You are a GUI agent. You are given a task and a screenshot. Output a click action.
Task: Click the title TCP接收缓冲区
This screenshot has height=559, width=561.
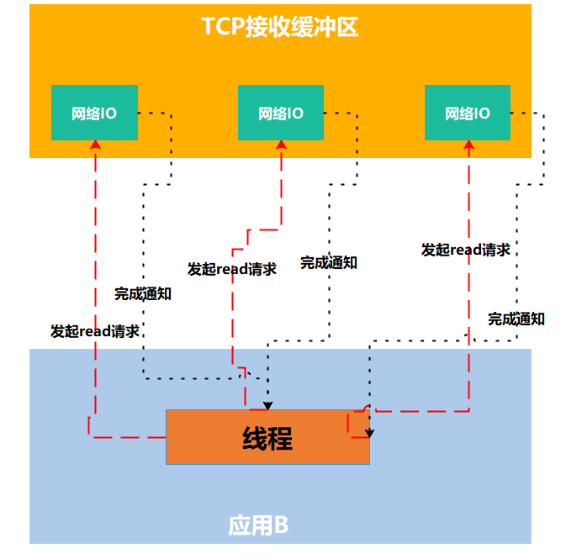[x=280, y=27]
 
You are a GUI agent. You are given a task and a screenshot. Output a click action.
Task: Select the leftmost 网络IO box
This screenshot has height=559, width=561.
[x=94, y=113]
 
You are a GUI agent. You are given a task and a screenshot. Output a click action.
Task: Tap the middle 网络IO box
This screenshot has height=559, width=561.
[x=281, y=113]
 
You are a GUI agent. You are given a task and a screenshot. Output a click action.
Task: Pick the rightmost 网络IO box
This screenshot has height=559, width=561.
[x=468, y=113]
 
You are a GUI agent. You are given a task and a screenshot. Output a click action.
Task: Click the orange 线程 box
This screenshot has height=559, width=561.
[x=267, y=437]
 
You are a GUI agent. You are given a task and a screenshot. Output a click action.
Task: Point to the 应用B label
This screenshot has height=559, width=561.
[x=258, y=525]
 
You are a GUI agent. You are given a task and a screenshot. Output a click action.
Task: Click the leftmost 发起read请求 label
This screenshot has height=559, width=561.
[x=94, y=331]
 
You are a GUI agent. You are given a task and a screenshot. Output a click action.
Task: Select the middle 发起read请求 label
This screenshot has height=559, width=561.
[x=232, y=269]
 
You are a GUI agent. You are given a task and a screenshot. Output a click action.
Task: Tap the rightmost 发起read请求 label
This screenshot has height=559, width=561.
[x=466, y=250]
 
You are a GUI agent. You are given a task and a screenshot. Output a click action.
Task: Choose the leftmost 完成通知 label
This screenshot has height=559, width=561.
[x=143, y=294]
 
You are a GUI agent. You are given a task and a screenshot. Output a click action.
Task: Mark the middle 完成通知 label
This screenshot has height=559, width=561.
[x=329, y=262]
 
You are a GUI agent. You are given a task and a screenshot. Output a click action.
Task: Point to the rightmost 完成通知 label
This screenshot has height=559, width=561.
[x=516, y=319]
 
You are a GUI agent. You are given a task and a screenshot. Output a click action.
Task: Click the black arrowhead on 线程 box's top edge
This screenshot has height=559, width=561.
[x=268, y=405]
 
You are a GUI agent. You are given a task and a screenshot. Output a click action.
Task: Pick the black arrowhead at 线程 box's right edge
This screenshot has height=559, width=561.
[x=369, y=434]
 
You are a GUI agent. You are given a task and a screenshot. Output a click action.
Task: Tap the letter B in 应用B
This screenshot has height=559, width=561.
[x=281, y=525]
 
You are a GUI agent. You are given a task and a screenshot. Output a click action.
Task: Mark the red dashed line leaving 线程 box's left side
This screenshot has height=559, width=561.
[x=126, y=437]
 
